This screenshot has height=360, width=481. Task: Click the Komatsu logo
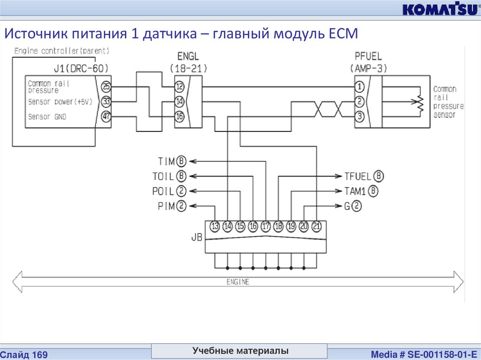[439, 9]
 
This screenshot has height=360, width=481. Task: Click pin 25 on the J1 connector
[106, 87]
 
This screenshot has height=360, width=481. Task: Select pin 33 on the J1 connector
[106, 101]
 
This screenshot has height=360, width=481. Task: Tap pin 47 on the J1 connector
[106, 116]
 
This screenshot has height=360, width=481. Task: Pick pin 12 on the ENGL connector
[179, 87]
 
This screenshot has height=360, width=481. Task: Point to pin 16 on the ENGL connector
[179, 116]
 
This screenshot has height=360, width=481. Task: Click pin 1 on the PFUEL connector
[359, 87]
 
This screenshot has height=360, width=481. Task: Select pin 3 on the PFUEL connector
[359, 116]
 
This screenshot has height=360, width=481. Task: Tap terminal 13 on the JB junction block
[215, 227]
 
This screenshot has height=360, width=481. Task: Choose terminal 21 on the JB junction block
[317, 227]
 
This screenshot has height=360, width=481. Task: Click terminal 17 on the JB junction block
[266, 227]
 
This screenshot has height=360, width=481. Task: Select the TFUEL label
[358, 176]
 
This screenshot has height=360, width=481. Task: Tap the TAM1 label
[355, 191]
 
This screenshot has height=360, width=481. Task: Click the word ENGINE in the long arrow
[238, 282]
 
